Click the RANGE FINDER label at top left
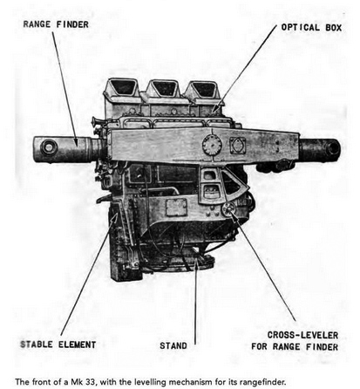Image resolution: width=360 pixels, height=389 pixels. coord(56,24)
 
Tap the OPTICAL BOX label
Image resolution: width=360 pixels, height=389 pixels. coord(311,28)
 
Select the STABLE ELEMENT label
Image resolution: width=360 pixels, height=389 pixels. coord(58,345)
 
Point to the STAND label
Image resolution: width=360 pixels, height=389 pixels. coord(173,346)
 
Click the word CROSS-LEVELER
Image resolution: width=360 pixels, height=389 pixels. coord(302,335)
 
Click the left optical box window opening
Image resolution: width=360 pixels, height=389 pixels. coord(124,87)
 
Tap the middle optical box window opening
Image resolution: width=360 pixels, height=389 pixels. coord(164,87)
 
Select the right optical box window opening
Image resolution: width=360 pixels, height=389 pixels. coord(204,88)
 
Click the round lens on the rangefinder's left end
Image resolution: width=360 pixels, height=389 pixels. coord(49,147)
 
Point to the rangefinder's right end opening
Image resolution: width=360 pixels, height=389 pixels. coord(334,148)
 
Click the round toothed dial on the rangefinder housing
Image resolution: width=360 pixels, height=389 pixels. coord(212,145)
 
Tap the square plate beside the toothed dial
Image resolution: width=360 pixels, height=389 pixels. coord(238,146)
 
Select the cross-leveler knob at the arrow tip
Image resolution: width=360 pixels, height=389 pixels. coord(228,208)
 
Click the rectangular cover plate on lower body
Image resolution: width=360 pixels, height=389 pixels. coord(176,208)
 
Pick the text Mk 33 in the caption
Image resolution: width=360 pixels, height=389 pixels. coord(83,382)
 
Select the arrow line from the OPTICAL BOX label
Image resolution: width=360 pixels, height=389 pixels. coord(245,69)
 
